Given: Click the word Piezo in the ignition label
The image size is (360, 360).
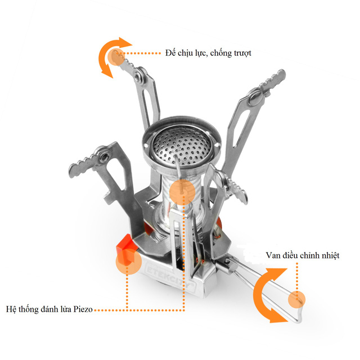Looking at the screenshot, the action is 83,309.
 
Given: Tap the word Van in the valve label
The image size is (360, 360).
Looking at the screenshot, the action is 273,255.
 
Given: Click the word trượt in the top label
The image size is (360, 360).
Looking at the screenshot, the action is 242,53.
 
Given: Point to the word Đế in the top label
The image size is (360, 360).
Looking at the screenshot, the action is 170,52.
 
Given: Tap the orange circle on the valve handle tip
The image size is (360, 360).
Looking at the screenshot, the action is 296,299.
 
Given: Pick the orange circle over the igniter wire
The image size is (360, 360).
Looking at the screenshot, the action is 182,192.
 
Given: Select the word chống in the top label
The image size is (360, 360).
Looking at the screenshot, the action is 221,53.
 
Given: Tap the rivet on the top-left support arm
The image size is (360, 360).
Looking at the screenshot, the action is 138,75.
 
